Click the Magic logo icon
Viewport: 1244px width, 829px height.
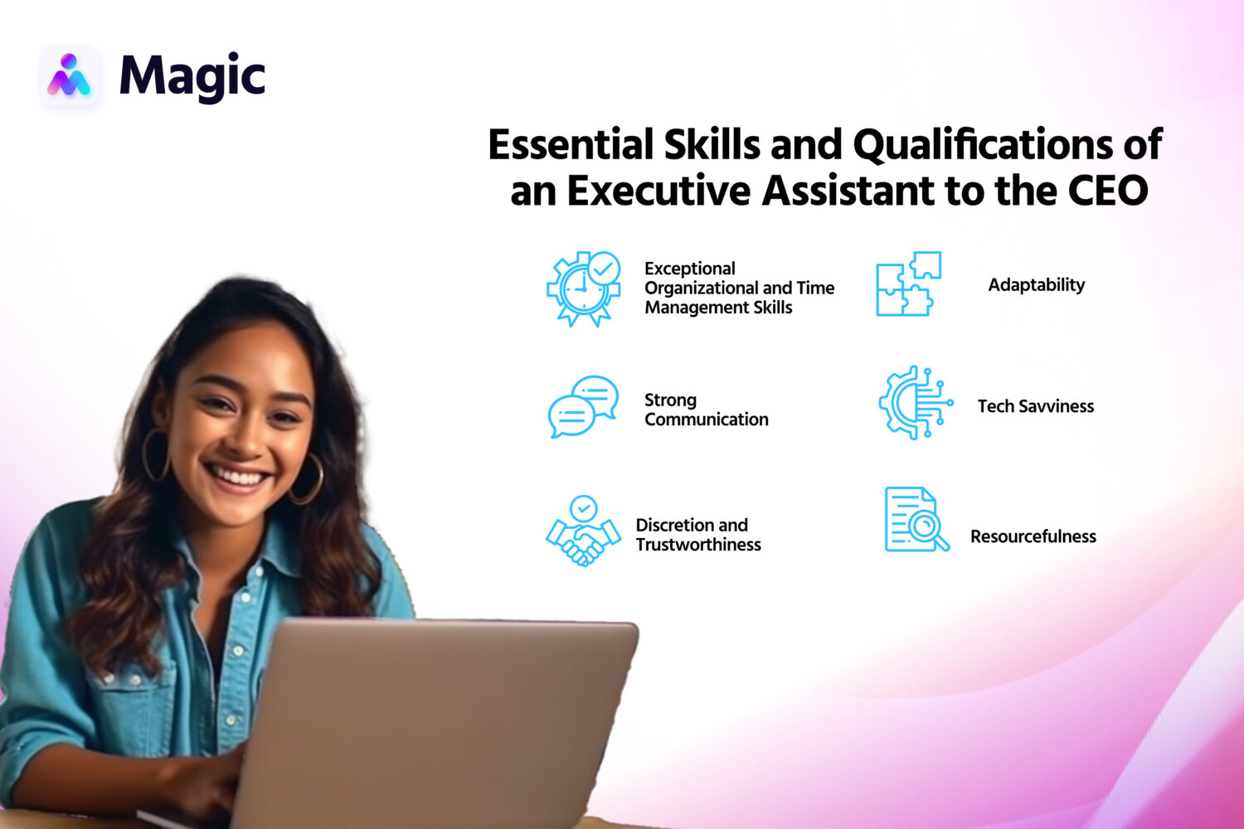(x=69, y=75)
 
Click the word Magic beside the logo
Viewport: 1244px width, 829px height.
(x=192, y=77)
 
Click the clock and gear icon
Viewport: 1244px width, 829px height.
(x=583, y=288)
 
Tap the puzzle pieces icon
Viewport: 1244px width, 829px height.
(x=909, y=284)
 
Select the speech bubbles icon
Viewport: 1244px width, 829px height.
(x=583, y=406)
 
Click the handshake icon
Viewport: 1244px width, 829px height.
(x=583, y=531)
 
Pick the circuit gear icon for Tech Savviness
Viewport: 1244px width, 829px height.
(x=914, y=403)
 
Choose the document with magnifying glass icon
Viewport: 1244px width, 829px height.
(x=916, y=520)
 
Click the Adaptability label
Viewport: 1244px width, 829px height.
(x=1036, y=285)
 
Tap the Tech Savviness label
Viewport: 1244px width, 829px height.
(x=1035, y=406)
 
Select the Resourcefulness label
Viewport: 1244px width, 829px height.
(x=1033, y=536)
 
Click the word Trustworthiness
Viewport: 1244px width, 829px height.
(x=697, y=545)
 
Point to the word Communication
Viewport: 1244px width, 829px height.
(x=706, y=419)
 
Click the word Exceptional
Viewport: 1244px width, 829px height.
(x=689, y=269)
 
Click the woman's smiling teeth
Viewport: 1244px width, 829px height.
(x=238, y=477)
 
